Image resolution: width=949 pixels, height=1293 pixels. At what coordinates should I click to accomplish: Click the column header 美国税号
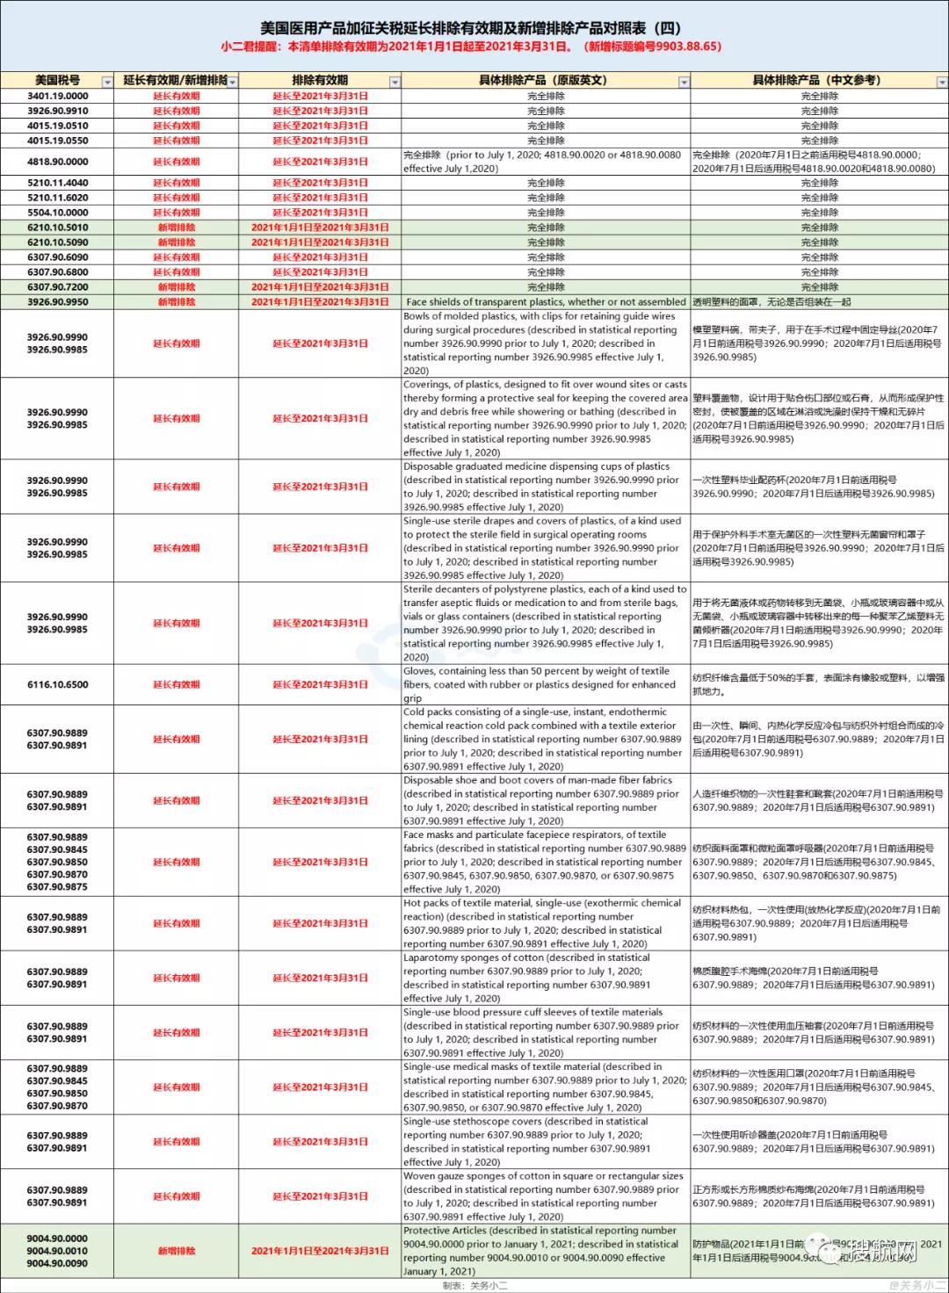[x=57, y=80]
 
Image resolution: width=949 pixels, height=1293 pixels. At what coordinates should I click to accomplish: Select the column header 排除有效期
[x=320, y=80]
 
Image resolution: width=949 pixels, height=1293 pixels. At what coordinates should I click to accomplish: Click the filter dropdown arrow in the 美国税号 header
[x=107, y=82]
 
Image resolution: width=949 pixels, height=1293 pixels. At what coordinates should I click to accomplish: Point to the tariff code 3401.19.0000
[x=57, y=96]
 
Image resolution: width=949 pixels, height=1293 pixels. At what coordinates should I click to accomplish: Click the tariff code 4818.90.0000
[x=57, y=162]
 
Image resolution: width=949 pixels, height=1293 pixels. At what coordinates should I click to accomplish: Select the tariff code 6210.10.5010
[x=57, y=228]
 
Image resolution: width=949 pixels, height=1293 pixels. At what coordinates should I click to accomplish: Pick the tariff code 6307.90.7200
[x=57, y=287]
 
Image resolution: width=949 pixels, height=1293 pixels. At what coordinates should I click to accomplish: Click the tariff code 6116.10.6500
[x=57, y=684]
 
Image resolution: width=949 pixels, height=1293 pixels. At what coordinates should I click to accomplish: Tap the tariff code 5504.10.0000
[x=57, y=213]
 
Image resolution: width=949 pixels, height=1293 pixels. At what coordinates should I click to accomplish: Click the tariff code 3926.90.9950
[x=57, y=302]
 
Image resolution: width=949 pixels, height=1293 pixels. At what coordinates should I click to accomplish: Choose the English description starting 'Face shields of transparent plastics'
[x=546, y=302]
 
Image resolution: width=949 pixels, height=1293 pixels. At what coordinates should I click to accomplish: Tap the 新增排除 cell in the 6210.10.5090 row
[x=177, y=242]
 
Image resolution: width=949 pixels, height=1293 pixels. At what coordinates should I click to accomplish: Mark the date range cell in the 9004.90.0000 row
[x=320, y=1251]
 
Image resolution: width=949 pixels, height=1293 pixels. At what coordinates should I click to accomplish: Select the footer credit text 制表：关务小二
[x=475, y=1285]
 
